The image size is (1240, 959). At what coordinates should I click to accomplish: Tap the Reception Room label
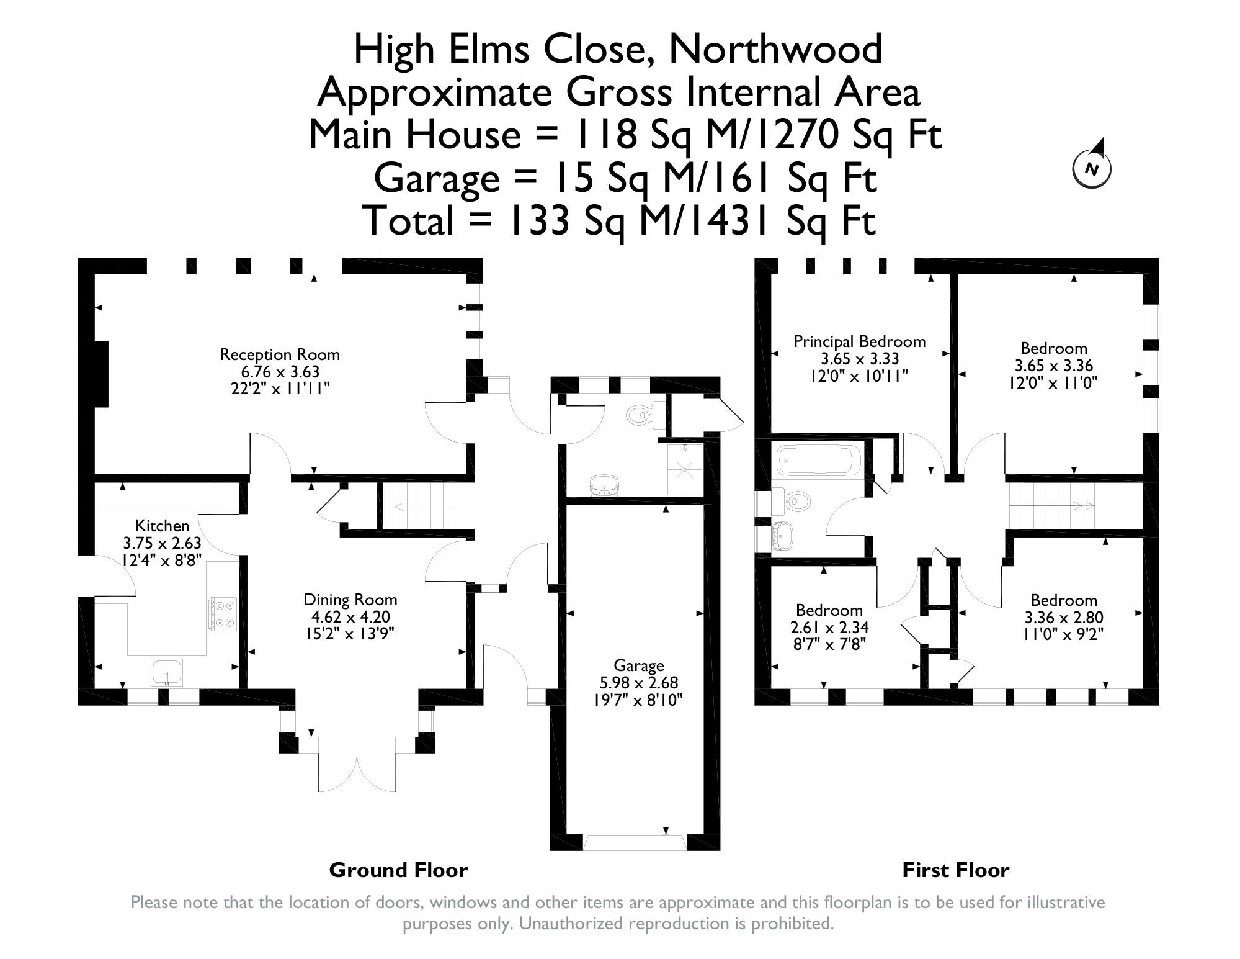(x=280, y=354)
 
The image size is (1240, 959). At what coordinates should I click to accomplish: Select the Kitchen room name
(x=163, y=526)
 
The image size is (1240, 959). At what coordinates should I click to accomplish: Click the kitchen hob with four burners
(x=223, y=613)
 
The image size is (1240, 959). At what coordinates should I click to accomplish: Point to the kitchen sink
(x=167, y=672)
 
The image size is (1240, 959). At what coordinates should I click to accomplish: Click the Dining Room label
(x=350, y=600)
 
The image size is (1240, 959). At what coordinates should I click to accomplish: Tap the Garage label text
(x=639, y=666)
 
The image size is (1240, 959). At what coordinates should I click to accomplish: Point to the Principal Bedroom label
(x=860, y=341)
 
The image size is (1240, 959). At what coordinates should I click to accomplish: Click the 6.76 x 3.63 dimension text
(x=280, y=372)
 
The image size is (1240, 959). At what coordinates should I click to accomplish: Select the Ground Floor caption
(x=398, y=870)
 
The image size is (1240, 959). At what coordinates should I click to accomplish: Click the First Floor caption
(x=956, y=870)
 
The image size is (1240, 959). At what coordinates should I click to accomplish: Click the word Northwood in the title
(x=775, y=48)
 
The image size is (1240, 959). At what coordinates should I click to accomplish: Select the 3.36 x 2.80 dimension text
(x=1064, y=618)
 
